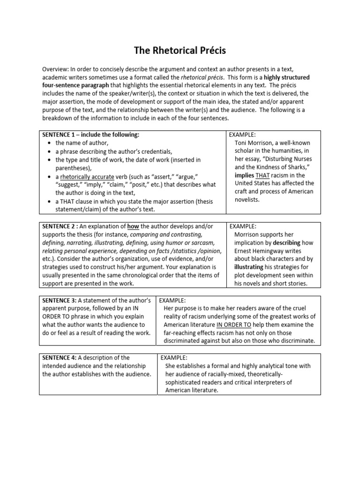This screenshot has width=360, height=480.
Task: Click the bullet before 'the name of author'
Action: pyautogui.click(x=49, y=143)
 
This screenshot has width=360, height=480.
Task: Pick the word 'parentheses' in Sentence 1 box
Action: pyautogui.click(x=73, y=168)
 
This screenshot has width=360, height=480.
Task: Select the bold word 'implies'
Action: pyautogui.click(x=245, y=174)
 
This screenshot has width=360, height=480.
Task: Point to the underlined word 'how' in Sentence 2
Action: pyautogui.click(x=133, y=226)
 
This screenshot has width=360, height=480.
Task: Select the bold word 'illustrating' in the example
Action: pyautogui.click(x=252, y=267)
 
